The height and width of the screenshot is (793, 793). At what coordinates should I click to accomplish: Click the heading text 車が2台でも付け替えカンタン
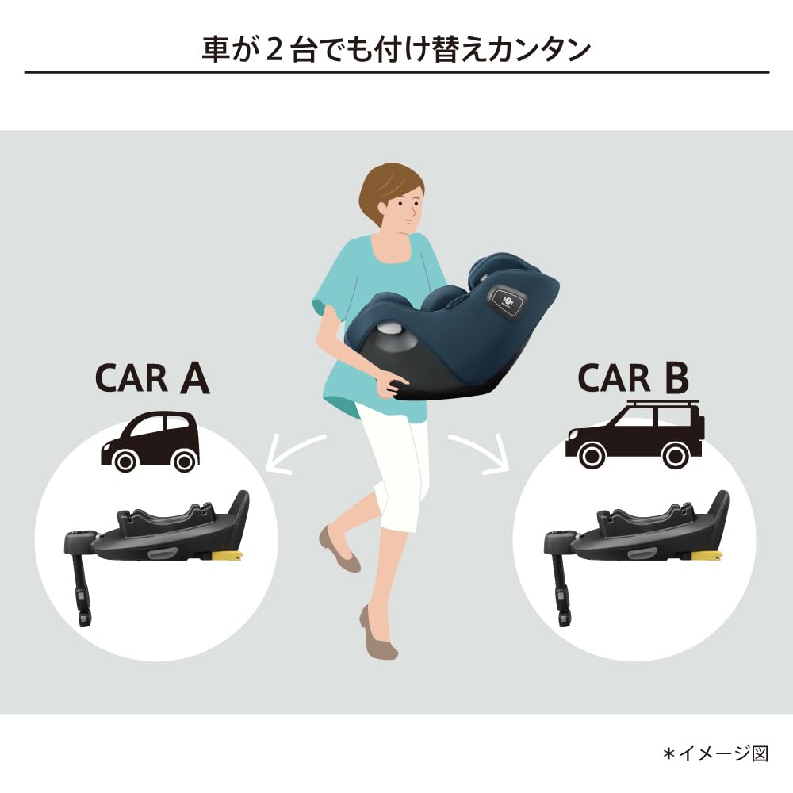point(396,48)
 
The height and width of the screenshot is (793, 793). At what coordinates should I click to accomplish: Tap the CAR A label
point(152,379)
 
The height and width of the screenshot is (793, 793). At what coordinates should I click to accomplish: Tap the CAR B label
point(634,378)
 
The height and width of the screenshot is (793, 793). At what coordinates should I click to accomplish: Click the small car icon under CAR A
point(151,441)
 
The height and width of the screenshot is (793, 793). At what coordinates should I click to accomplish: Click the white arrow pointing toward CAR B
point(479,454)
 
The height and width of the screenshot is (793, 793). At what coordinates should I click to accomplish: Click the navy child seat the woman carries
point(460,325)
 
